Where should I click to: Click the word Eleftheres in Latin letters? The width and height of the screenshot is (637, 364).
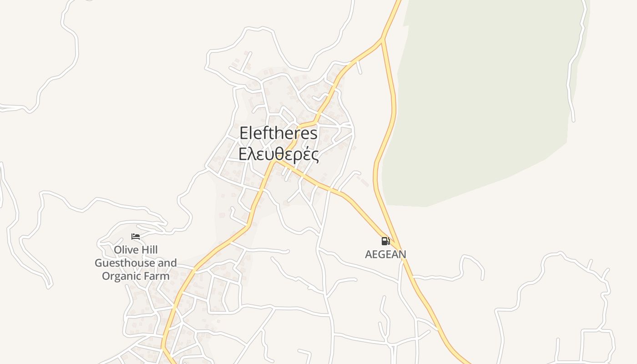(278, 133)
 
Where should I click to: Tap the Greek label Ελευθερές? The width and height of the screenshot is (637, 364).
(278, 154)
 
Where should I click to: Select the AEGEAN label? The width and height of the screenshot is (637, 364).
(385, 254)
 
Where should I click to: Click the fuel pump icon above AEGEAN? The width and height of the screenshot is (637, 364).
(385, 241)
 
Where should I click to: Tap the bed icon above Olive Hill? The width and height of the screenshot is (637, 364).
(136, 237)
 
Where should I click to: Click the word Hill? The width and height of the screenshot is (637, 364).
(149, 250)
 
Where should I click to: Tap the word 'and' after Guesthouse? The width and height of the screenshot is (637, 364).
(167, 263)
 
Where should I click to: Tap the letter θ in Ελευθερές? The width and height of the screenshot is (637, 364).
(277, 154)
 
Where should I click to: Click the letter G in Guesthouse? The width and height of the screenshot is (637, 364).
(99, 263)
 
